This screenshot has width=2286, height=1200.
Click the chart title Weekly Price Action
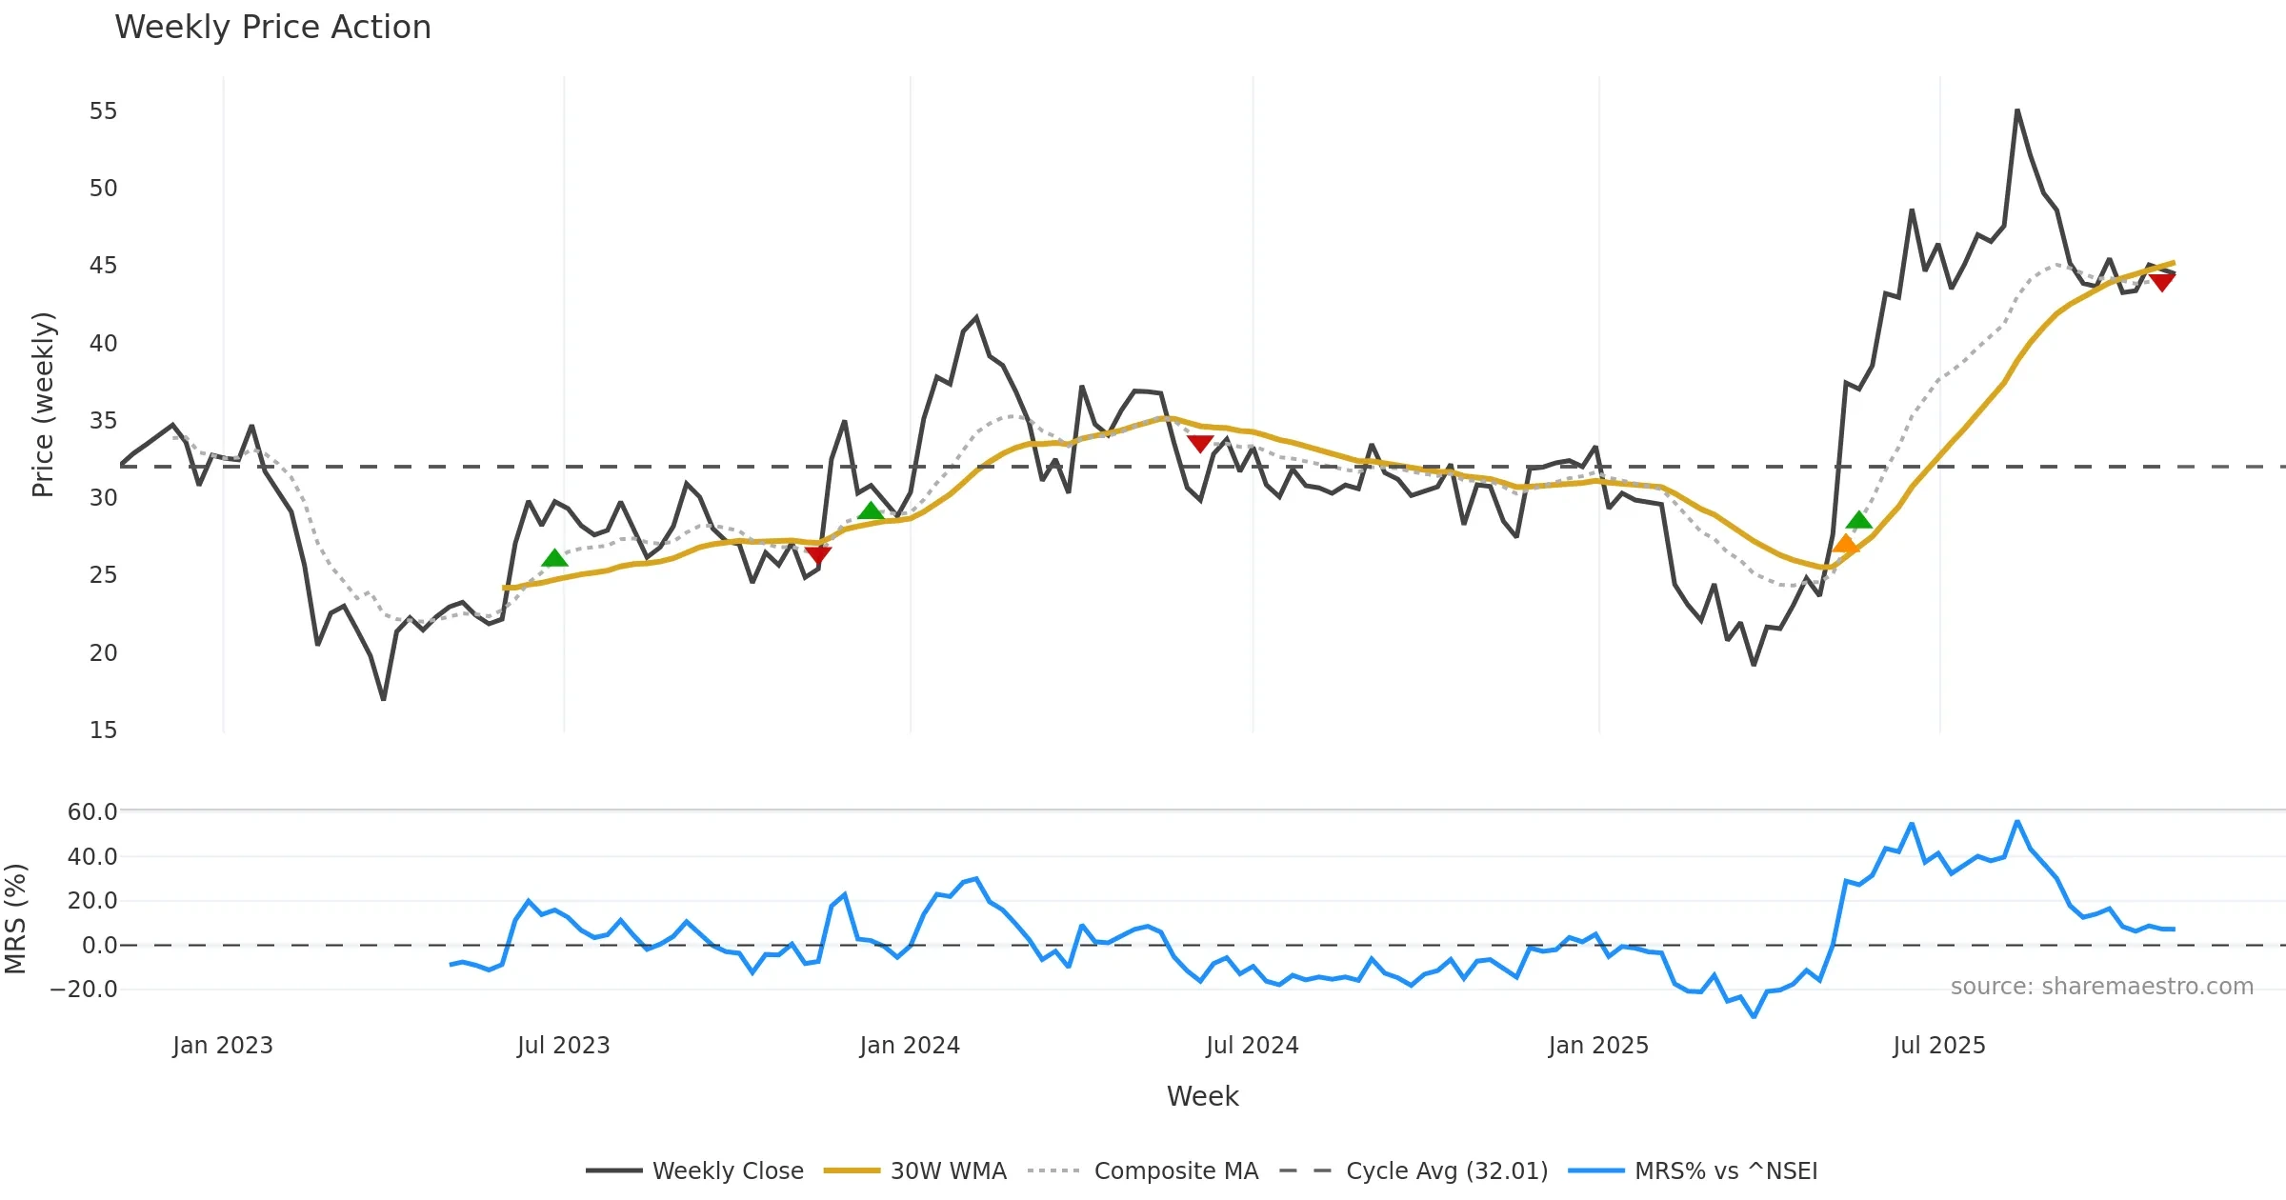(272, 28)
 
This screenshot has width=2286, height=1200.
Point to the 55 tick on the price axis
(103, 111)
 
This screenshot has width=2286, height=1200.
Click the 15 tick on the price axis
(103, 730)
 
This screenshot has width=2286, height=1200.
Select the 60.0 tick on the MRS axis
(92, 812)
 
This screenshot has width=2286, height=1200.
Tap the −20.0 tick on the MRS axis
(84, 990)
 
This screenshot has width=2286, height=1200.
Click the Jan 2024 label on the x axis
(910, 1046)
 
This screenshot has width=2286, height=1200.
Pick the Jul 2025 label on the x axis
(1939, 1046)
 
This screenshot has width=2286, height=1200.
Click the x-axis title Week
(1202, 1096)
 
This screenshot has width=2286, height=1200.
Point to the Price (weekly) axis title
(43, 405)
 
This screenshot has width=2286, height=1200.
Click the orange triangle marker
(1846, 544)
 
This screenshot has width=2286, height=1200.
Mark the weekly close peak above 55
(2017, 110)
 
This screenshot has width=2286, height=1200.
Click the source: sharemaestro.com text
(2101, 987)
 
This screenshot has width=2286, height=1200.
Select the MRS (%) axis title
(15, 919)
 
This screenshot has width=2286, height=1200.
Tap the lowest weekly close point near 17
(383, 699)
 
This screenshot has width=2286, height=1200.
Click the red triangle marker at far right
(2162, 281)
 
